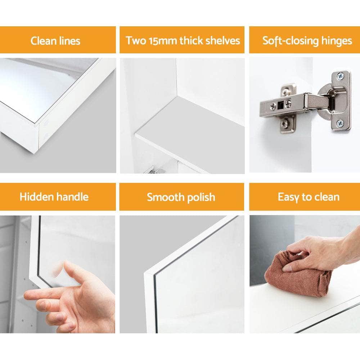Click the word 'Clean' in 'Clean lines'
pos(44,41)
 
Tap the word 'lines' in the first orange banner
pos(69,41)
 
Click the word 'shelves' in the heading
pos(222,40)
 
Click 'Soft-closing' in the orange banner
pos(291,41)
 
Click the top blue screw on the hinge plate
pos(340,76)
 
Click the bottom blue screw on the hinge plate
pos(340,123)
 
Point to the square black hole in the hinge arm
pos(280,105)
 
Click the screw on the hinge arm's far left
pos(273,106)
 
